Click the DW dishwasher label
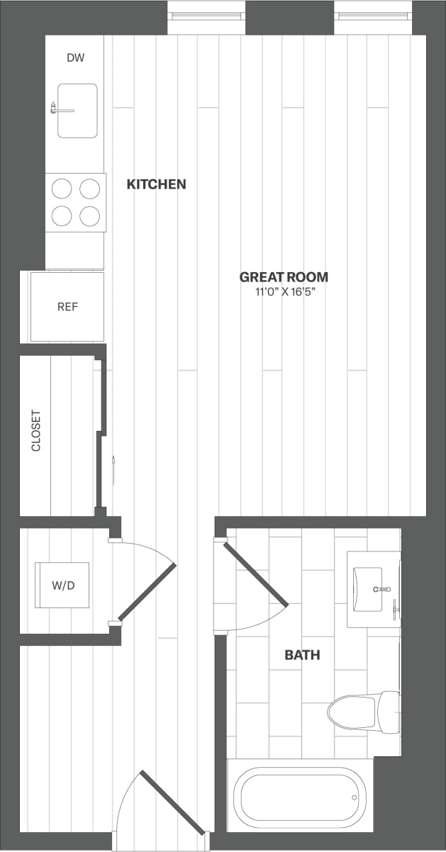tap(75, 57)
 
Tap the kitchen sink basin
tap(77, 111)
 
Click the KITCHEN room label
tap(156, 184)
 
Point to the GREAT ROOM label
tap(284, 277)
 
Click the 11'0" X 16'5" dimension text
tap(284, 292)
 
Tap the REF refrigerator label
tap(67, 307)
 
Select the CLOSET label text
tap(36, 430)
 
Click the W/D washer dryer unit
tap(63, 585)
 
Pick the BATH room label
tap(302, 655)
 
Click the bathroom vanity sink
tap(374, 589)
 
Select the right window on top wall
tap(374, 15)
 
